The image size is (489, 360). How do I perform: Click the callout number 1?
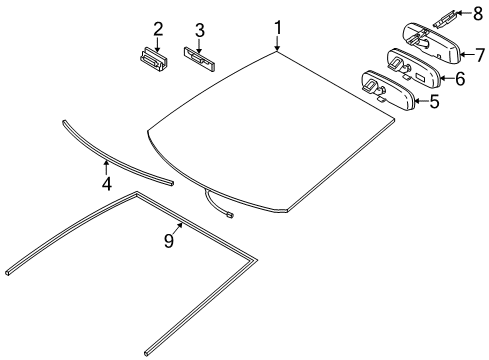point(279,27)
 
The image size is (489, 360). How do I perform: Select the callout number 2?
point(157,29)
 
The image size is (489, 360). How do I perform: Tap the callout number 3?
point(199,30)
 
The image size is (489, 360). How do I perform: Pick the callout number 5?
point(433,102)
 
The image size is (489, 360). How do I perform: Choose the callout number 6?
point(459,78)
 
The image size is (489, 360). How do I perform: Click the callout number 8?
point(478,13)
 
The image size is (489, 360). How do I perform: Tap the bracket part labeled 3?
point(200,59)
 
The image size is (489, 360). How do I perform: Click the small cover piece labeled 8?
point(445,16)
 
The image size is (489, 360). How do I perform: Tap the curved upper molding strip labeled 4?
point(110,156)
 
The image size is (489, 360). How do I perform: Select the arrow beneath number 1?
point(279,44)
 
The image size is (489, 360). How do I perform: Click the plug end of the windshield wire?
point(233,212)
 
